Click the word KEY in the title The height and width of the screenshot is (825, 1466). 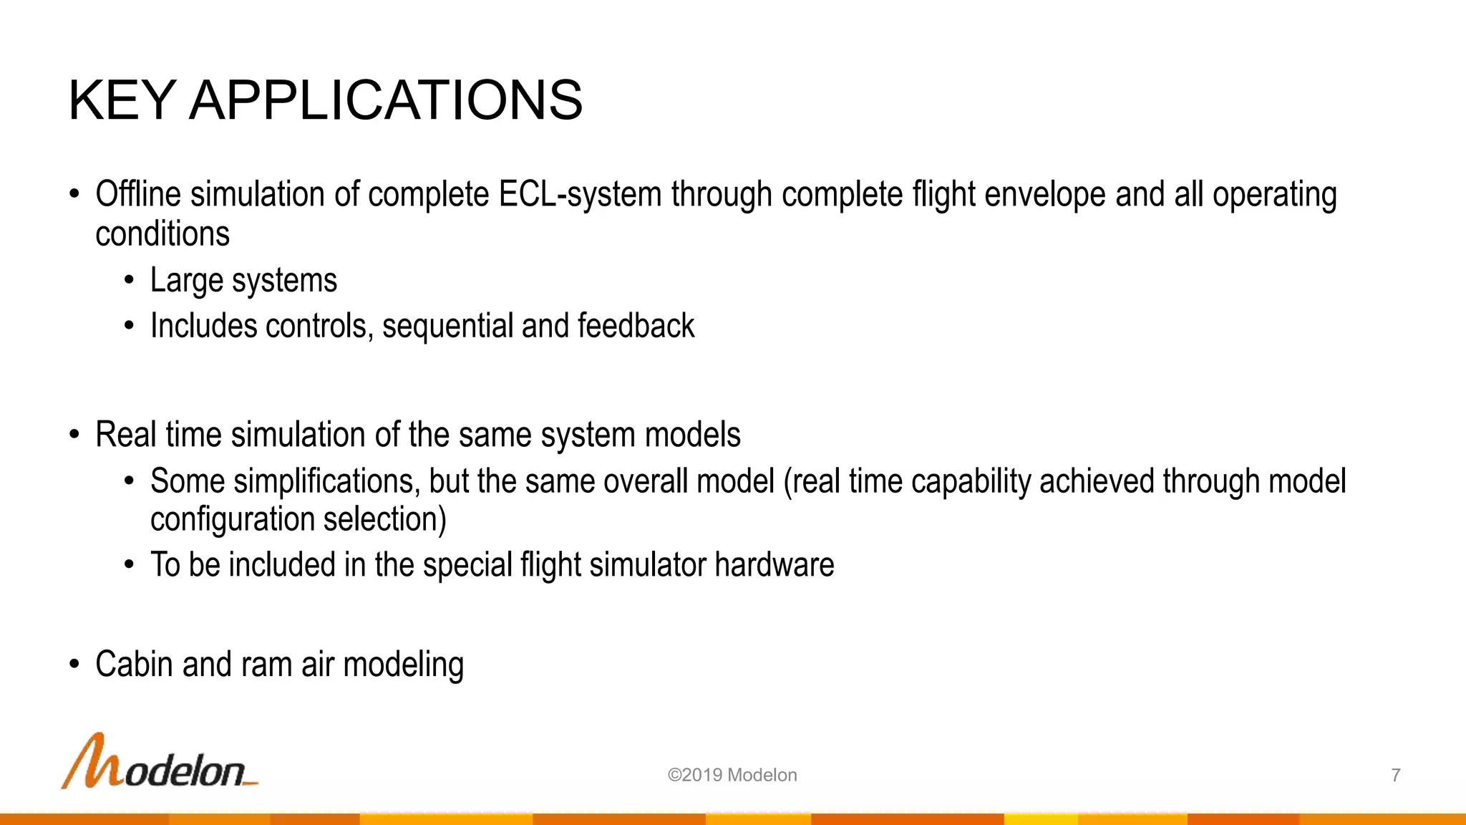point(122,100)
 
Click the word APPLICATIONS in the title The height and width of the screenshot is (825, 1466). point(386,100)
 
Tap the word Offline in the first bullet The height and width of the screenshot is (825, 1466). point(138,195)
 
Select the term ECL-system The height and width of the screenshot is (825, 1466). point(580,195)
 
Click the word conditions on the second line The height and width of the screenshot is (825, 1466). point(162,234)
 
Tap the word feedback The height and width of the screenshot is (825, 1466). point(636,327)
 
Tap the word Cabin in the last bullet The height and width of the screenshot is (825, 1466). point(134,665)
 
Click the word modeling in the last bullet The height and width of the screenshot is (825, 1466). point(404,665)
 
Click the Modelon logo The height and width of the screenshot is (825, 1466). point(159,763)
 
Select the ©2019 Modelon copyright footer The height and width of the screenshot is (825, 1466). point(732,775)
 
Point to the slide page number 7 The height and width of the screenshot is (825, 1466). point(1395,775)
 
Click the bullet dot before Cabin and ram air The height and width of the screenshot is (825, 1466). point(74,665)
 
